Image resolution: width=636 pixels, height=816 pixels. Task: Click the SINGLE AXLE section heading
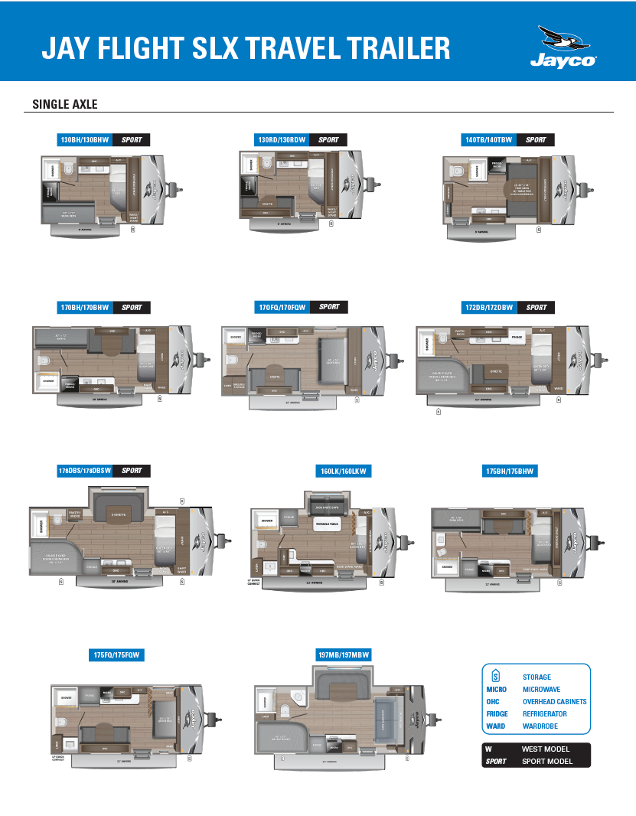(65, 104)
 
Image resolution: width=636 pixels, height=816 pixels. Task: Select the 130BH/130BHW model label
(85, 140)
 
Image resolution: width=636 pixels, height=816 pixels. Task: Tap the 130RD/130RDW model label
(282, 140)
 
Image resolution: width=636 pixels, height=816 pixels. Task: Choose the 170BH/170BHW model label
(85, 308)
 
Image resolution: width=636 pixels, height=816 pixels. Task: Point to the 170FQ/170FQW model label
(282, 307)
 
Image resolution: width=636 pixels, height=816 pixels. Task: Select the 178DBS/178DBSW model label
(84, 471)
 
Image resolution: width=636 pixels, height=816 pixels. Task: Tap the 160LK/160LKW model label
(342, 472)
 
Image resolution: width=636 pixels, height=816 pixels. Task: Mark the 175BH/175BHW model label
(510, 472)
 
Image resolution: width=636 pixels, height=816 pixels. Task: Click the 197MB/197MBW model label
(343, 655)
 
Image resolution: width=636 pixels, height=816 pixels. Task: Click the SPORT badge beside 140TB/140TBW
(536, 140)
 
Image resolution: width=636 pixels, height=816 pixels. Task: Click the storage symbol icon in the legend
(495, 676)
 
